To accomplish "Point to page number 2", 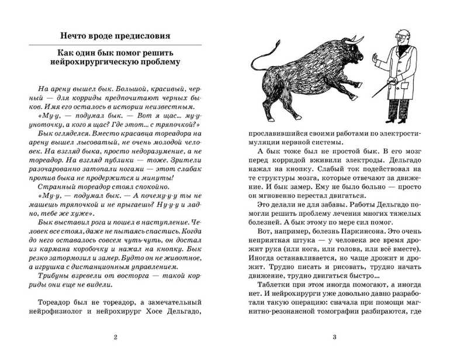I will click(x=115, y=337).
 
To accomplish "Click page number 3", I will click(x=334, y=337).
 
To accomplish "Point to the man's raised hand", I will click(x=378, y=58).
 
